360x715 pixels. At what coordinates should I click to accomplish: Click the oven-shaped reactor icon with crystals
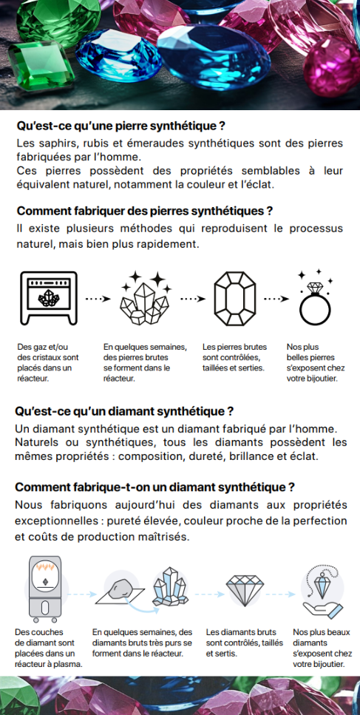click(x=49, y=298)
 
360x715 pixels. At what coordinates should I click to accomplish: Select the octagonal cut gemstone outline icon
click(x=235, y=299)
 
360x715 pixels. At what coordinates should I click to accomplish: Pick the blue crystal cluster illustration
click(x=171, y=587)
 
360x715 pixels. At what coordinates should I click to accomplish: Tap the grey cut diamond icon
click(x=245, y=590)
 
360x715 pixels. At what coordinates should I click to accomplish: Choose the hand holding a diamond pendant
click(x=322, y=592)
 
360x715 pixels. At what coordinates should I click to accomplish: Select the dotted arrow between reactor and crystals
click(x=98, y=299)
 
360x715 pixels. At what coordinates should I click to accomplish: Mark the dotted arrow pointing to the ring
click(x=276, y=299)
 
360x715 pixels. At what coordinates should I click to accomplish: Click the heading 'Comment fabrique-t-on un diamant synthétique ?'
click(x=154, y=487)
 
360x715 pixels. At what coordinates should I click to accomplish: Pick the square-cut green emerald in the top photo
click(x=40, y=65)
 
